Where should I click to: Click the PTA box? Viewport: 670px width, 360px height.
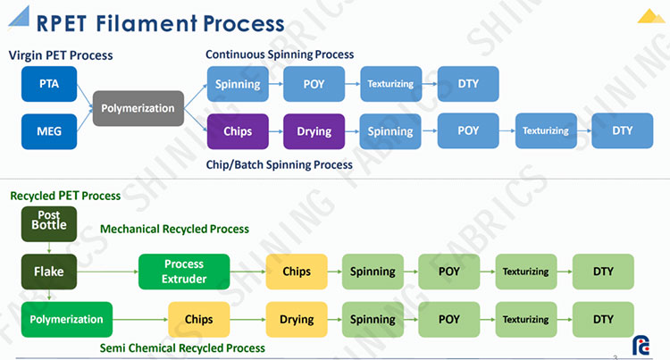pos(49,84)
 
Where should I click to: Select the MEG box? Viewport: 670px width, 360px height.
pos(49,131)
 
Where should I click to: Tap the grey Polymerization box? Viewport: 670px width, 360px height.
pos(138,108)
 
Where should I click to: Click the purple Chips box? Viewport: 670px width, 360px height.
pos(238,131)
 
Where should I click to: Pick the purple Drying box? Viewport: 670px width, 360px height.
pos(314,131)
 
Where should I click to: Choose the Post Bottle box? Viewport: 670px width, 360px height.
pos(49,224)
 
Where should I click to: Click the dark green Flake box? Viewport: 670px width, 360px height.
pos(49,272)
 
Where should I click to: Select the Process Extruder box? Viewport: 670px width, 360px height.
pos(184,272)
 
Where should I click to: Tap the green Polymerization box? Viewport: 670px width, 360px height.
pos(67,320)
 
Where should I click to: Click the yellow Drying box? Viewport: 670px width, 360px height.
pos(297,320)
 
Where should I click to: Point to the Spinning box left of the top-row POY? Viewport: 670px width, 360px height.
pos(238,84)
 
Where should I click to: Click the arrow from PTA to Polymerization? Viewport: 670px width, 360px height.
pos(85,96)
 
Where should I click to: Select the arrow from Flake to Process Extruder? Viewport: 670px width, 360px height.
pos(108,272)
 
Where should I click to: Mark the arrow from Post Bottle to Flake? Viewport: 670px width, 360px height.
pos(49,247)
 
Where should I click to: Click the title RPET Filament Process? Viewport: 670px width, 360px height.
pos(160,23)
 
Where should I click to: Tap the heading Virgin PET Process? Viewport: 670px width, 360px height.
pos(61,55)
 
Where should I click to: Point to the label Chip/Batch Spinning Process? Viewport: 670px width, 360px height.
pos(280,165)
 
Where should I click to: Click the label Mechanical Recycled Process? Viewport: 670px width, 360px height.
pos(174,230)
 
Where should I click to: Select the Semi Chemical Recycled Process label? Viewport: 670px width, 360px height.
pos(182,348)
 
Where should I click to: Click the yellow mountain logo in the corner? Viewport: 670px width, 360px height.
pos(650,16)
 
